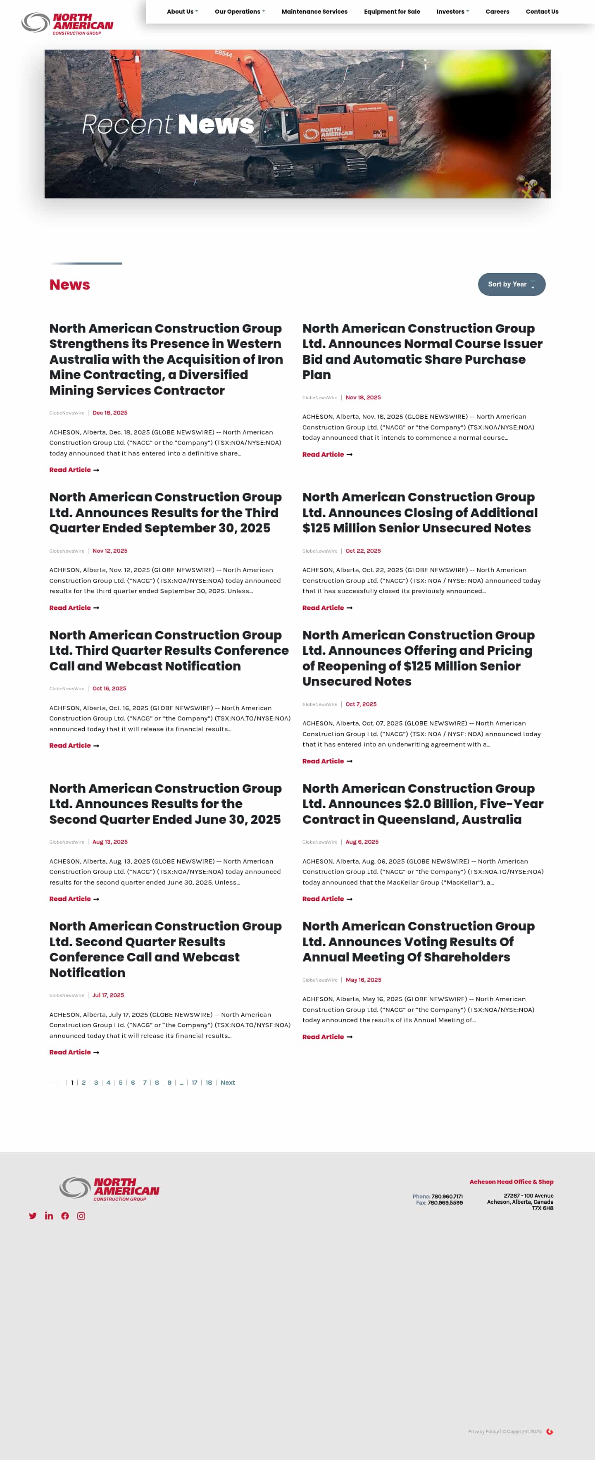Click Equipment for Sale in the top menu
[x=392, y=11]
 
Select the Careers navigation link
[x=497, y=11]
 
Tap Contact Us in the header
[x=542, y=11]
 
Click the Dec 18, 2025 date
[x=110, y=413]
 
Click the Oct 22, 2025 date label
[x=363, y=551]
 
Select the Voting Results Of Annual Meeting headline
[x=418, y=941]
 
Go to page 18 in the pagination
[x=209, y=1083]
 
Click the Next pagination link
[x=228, y=1083]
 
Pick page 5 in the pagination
[x=121, y=1083]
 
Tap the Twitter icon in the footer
[x=33, y=1216]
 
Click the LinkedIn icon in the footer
[x=49, y=1216]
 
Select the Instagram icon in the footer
[x=81, y=1216]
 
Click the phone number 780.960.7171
[x=447, y=1196]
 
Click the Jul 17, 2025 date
[x=108, y=995]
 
